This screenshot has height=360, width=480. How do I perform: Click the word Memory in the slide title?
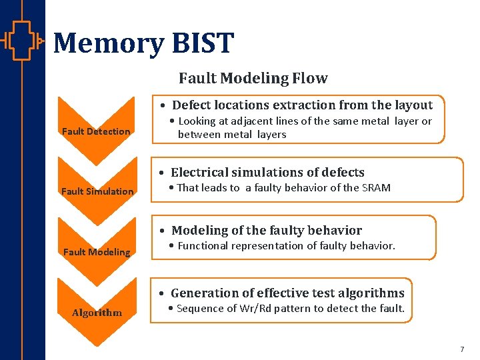tap(107, 43)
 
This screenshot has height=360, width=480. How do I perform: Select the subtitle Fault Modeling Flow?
tap(253, 79)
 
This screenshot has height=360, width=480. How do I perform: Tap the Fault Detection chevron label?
tap(96, 131)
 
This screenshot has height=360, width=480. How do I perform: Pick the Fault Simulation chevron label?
tap(97, 191)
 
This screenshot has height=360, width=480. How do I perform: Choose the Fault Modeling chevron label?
tap(97, 252)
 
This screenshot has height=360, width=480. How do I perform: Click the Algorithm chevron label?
tap(97, 313)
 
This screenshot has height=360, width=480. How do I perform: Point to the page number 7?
tap(462, 349)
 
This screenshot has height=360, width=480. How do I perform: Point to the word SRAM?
tap(376, 188)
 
